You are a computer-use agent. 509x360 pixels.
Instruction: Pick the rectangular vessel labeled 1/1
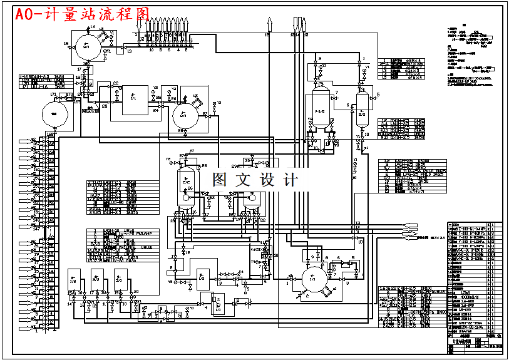click(133, 99)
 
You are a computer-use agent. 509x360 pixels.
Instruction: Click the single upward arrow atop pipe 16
click(269, 24)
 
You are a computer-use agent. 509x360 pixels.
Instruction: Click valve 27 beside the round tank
click(205, 115)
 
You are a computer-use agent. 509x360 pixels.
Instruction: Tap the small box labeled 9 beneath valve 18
click(91, 84)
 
